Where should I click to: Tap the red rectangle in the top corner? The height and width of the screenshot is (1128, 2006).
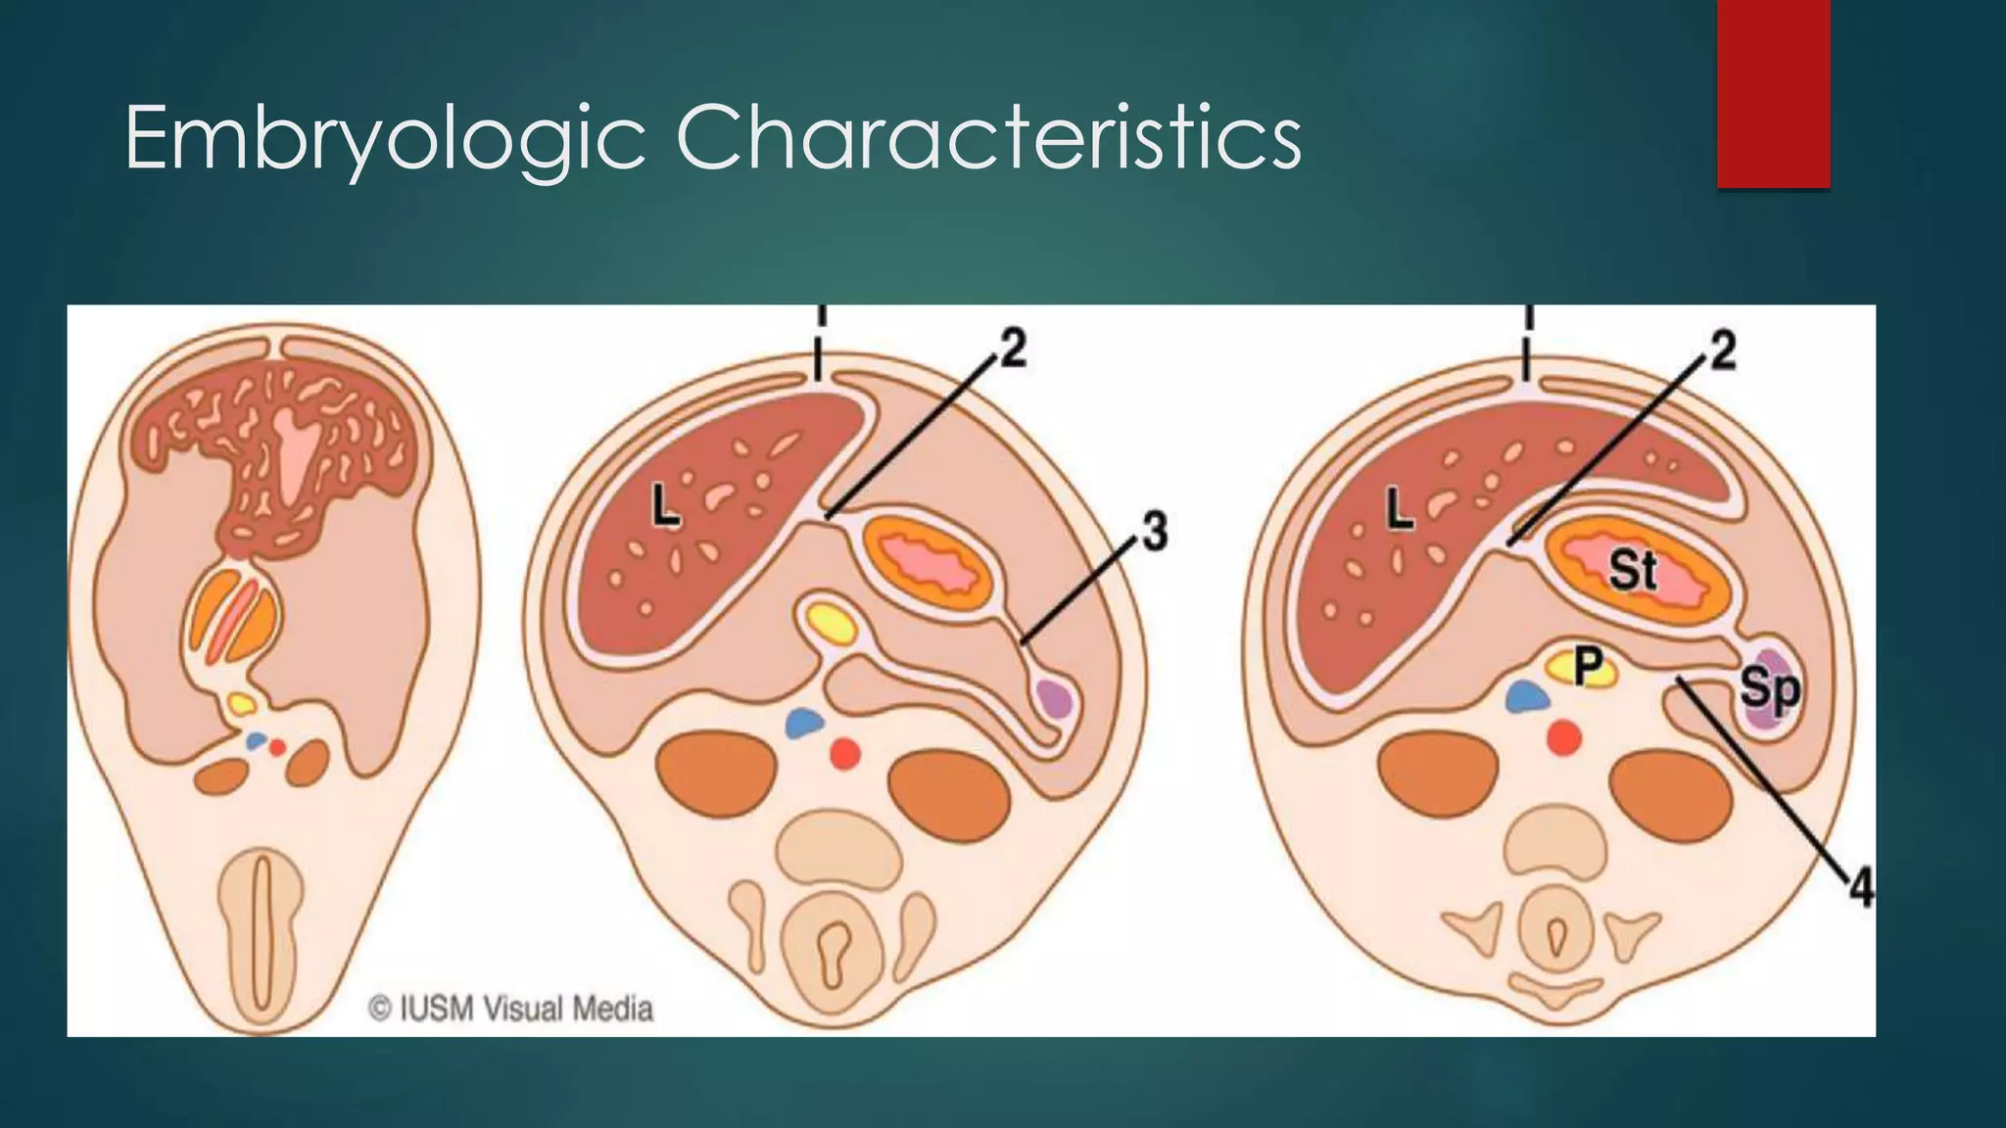(1773, 93)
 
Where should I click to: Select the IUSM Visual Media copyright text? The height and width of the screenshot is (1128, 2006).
(510, 1009)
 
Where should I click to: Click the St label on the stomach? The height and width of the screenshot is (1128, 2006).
(1633, 570)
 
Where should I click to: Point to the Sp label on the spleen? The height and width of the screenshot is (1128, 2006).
(1769, 688)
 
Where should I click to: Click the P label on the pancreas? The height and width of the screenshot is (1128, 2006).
(1587, 668)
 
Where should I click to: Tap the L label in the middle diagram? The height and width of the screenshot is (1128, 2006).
(667, 508)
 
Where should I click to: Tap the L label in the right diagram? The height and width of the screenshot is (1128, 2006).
(1400, 510)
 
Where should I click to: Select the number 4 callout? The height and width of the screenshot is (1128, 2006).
(1860, 889)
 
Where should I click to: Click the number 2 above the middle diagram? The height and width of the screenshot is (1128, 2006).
(1013, 350)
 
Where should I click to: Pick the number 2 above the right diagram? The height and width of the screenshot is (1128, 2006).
(1722, 350)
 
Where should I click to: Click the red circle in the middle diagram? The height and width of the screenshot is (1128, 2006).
(845, 753)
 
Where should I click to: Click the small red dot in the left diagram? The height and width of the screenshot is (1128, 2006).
(278, 747)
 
